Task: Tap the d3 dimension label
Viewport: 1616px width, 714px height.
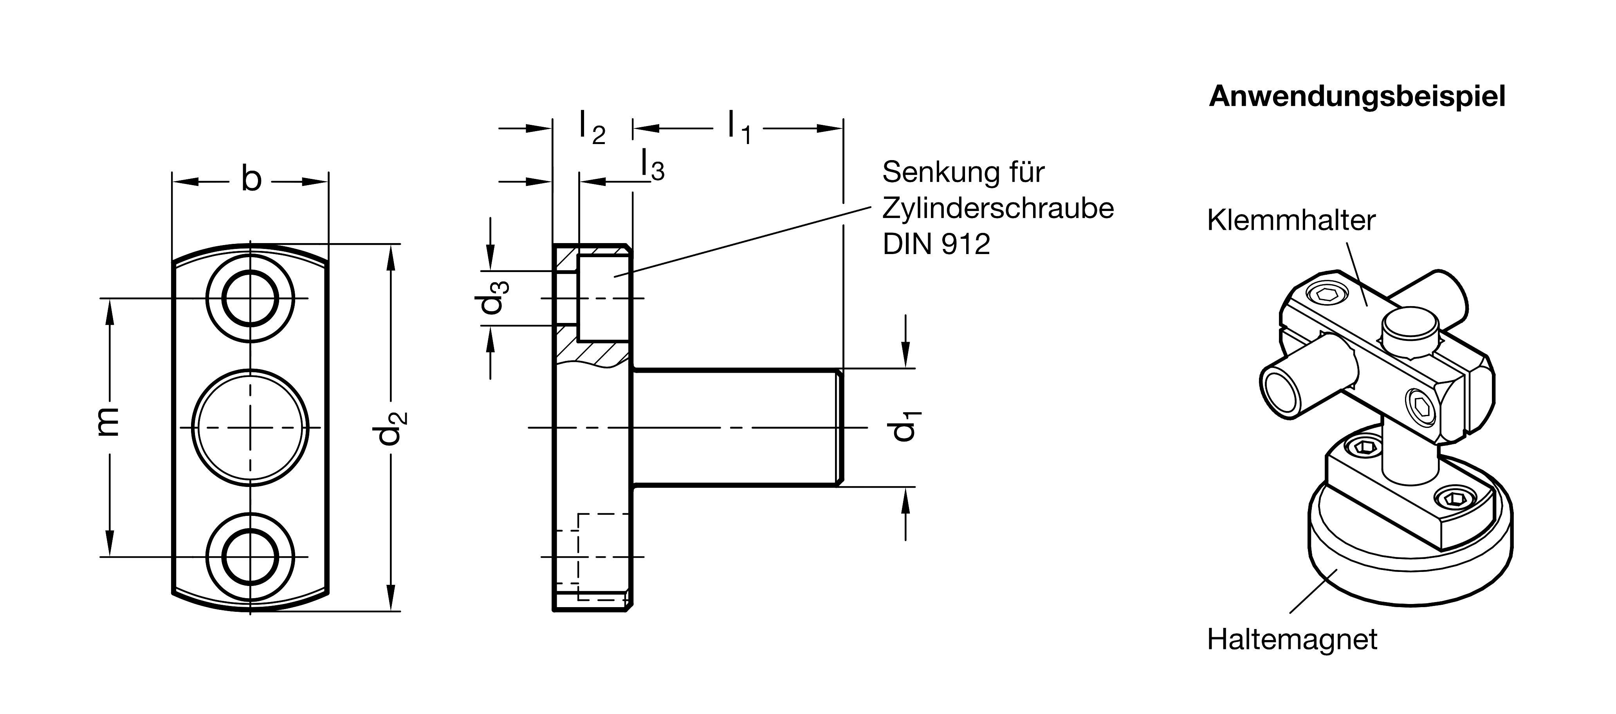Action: [x=491, y=297]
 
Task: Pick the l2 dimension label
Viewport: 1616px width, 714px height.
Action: [x=592, y=128]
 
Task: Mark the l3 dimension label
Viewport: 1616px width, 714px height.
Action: [x=653, y=166]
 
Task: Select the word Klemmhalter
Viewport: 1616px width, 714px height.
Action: [x=1291, y=221]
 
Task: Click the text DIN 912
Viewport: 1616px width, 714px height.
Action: [x=936, y=244]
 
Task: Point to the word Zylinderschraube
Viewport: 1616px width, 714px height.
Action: [x=997, y=208]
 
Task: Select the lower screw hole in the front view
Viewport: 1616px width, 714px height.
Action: [x=250, y=557]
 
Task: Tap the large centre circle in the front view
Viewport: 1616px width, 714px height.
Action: [x=250, y=427]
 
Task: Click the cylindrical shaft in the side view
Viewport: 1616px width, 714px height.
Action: [x=734, y=427]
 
